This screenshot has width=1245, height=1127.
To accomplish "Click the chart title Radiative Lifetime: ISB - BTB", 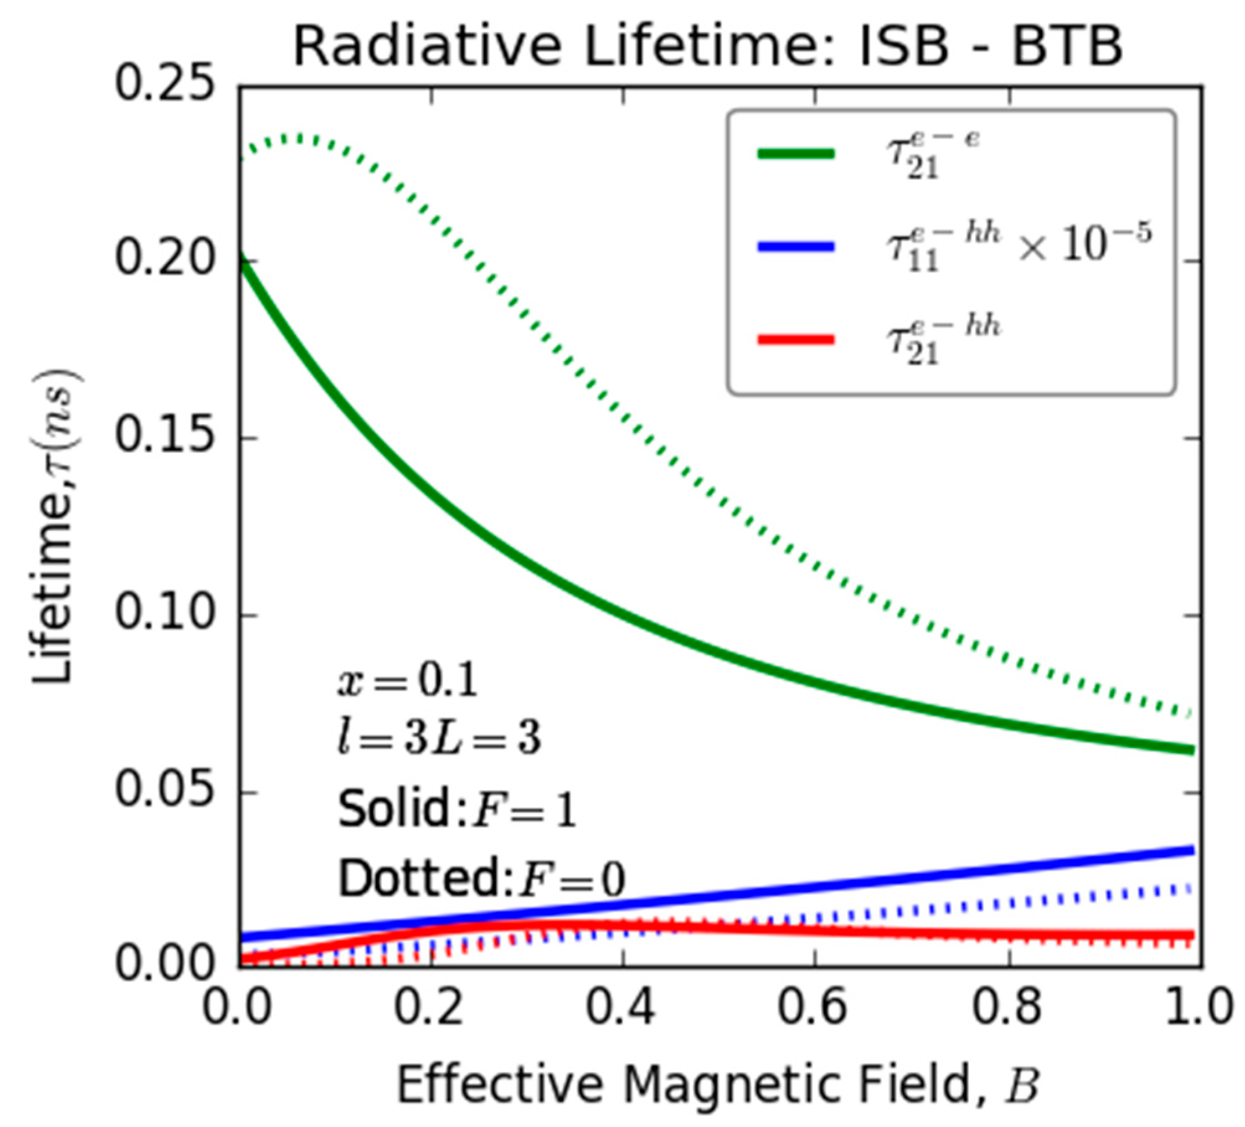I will [x=707, y=47].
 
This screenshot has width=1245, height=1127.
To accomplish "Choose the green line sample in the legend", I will [x=795, y=154].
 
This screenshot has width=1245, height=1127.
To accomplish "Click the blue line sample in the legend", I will [x=795, y=247].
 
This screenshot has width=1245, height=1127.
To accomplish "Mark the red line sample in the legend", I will [x=795, y=339].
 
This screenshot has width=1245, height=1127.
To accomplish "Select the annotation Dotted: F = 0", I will [x=481, y=879].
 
